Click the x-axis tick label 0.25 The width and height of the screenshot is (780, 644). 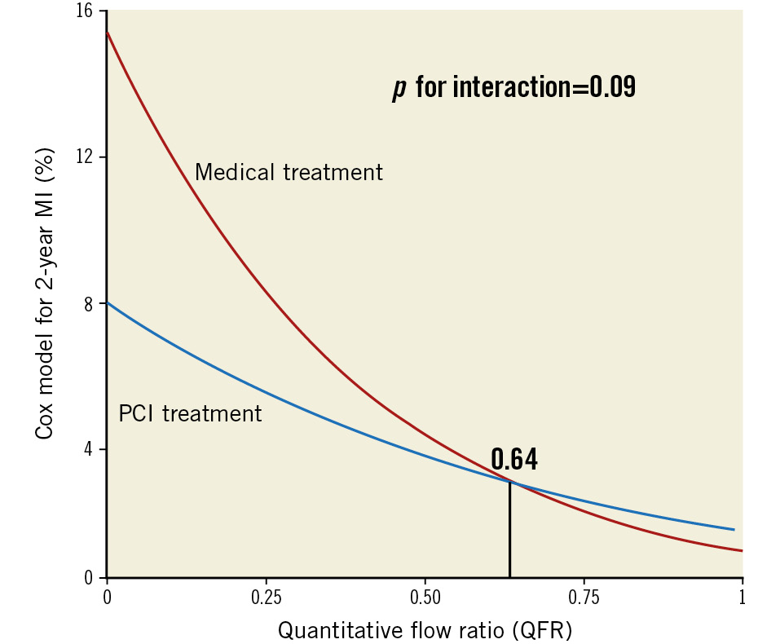[266, 598]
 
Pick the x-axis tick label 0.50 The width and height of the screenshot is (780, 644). [425, 598]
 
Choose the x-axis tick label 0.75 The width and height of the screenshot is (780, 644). [584, 598]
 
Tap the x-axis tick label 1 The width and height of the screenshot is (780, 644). [742, 598]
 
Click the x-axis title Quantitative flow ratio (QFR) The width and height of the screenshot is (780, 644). [425, 630]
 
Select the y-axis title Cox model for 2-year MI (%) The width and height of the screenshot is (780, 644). [45, 293]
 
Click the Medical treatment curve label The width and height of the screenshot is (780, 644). [289, 173]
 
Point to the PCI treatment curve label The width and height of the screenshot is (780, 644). [190, 413]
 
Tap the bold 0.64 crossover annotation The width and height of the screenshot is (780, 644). [513, 461]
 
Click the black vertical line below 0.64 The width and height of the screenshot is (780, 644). [509, 530]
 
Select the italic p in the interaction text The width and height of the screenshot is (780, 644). [399, 88]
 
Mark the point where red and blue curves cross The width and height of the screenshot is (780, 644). [511, 483]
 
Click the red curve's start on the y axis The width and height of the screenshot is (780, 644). [108, 32]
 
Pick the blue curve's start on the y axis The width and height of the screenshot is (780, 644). [108, 302]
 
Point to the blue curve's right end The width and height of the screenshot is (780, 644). [734, 529]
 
